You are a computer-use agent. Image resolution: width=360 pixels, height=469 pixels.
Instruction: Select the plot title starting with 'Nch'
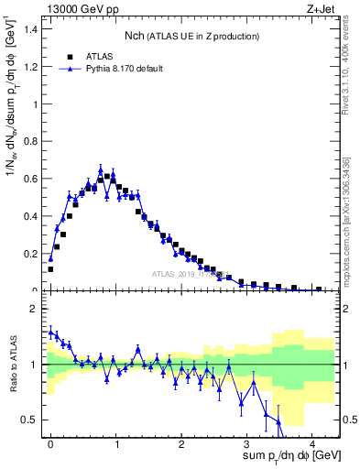(191, 36)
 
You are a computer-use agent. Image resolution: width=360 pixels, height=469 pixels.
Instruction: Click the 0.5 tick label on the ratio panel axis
(31, 420)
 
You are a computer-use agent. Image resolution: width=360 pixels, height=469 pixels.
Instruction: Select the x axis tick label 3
(247, 442)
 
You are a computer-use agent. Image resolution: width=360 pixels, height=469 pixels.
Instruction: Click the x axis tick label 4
(312, 442)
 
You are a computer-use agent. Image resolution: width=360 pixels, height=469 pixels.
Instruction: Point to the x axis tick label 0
(50, 442)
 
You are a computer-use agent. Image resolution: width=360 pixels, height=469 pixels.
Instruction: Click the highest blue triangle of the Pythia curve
(101, 169)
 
